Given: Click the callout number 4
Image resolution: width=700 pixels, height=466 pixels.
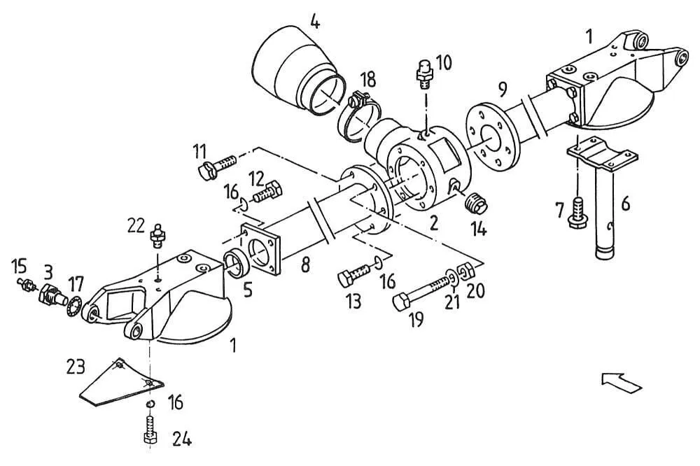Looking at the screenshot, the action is pos(315,22).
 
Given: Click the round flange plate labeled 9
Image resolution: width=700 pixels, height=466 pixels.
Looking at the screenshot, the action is pos(492,136).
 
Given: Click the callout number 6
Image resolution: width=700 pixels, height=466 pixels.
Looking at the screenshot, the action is pos(626,204).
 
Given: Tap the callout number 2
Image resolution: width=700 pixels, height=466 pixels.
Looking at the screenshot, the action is pos(433,223).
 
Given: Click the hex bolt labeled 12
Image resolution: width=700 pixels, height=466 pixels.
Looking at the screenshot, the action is pos(267,192).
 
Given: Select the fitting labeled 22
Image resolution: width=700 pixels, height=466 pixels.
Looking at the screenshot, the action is pos(157,236).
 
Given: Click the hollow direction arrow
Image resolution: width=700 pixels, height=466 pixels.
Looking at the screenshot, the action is pos(622,381).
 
